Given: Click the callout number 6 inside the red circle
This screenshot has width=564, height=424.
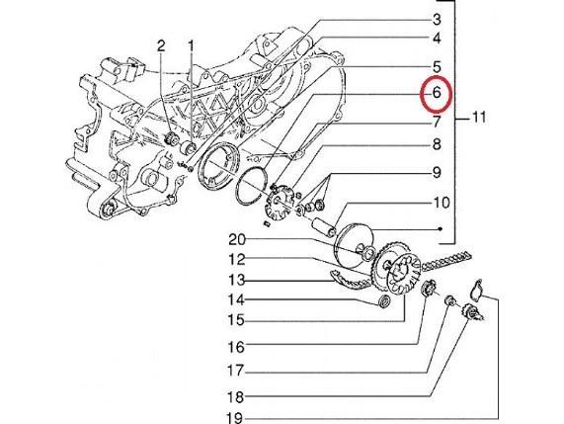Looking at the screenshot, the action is click(x=437, y=93).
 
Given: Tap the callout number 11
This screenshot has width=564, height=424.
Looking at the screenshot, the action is click(x=479, y=117).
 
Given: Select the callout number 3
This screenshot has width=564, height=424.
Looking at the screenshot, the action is click(x=437, y=20).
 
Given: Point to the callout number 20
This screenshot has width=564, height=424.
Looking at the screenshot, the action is click(x=237, y=240).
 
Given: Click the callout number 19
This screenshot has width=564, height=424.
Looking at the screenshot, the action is click(x=235, y=418).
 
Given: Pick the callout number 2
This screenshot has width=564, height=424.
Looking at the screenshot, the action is click(x=161, y=46).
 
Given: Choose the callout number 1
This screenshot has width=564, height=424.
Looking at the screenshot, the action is click(x=191, y=46).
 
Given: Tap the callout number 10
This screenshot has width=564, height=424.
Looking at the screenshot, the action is click(x=441, y=203).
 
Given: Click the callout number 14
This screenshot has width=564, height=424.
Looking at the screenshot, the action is click(x=236, y=299).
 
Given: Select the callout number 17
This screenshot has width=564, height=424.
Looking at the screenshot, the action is click(x=236, y=371).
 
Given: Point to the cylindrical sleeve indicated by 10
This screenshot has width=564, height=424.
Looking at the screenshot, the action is click(x=323, y=226).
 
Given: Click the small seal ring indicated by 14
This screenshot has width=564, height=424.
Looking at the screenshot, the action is click(x=385, y=300).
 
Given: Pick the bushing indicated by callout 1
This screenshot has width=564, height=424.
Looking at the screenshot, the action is click(x=188, y=147).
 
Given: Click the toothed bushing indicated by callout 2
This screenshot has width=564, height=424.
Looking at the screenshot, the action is click(x=172, y=138).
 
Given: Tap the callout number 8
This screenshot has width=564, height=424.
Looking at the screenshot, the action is click(x=437, y=144).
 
